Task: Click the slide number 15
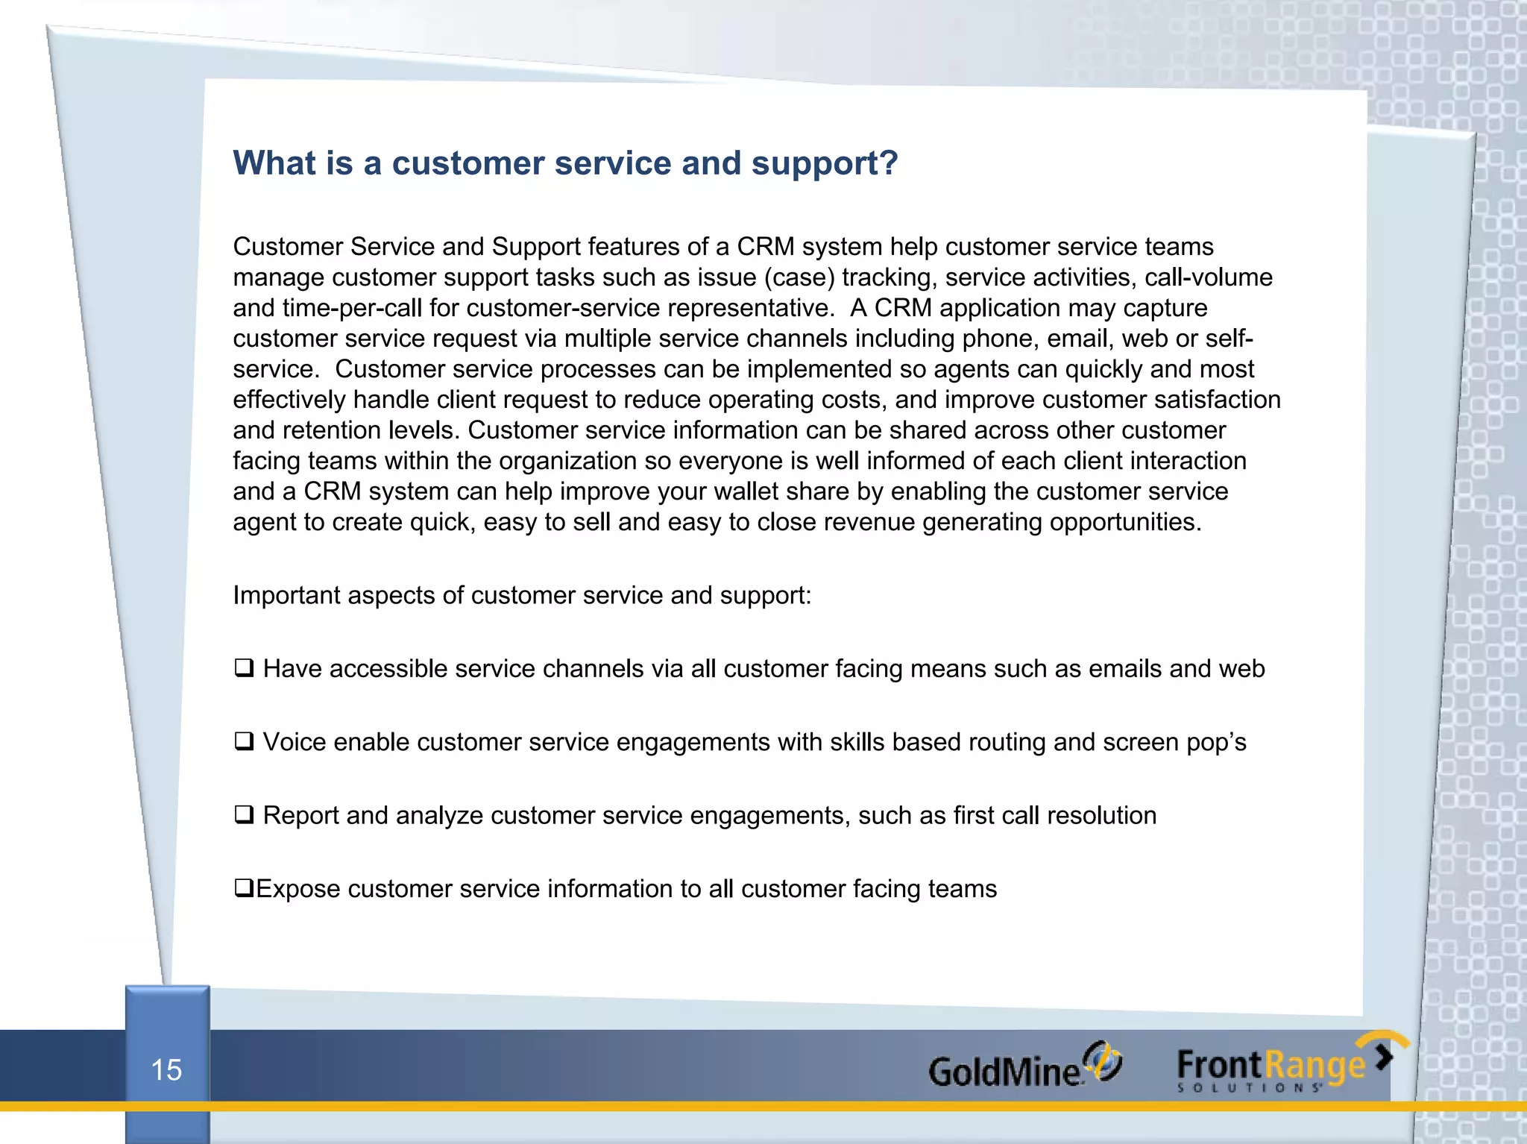(x=166, y=1069)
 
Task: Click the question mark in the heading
(x=889, y=163)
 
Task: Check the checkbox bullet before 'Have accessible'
(x=244, y=667)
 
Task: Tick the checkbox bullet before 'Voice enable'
(x=244, y=741)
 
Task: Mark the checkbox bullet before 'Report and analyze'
(x=244, y=814)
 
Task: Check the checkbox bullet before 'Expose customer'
(x=244, y=887)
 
